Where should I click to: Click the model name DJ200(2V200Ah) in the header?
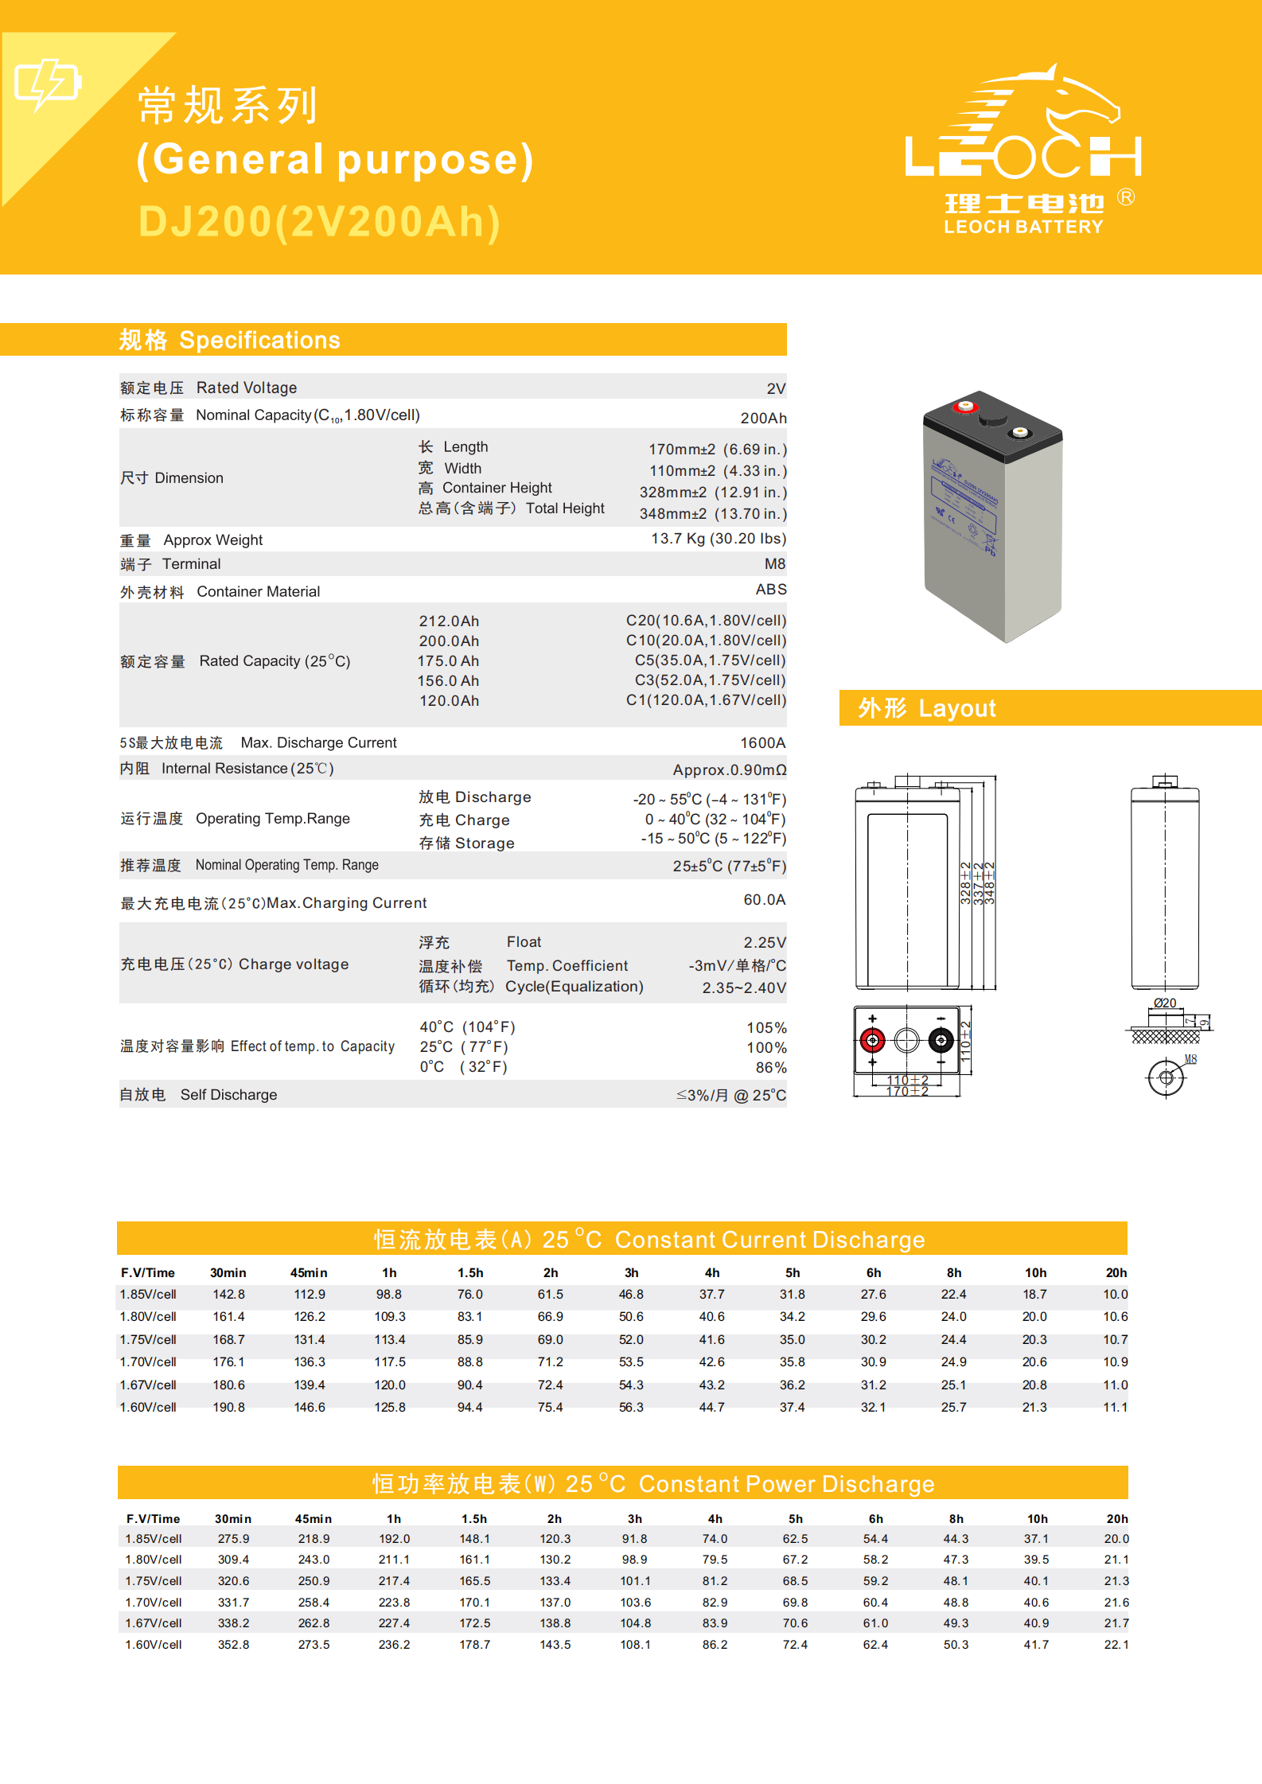pos(319,222)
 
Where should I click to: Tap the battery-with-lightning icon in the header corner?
pos(48,83)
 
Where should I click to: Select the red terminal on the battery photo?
pos(965,407)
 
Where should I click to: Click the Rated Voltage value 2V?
pos(776,389)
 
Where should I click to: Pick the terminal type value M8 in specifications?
pos(774,564)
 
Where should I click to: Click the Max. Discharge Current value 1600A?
pos(762,743)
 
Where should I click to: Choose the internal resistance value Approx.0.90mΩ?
pos(729,770)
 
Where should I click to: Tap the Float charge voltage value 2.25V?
pos(764,943)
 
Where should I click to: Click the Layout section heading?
pos(927,708)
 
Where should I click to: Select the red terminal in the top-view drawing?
pos(873,1040)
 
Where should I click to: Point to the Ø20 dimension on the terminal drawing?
pos(1165,1003)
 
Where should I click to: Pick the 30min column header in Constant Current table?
pos(228,1273)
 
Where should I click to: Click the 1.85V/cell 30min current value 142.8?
pos(229,1295)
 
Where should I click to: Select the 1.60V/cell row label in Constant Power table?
pos(154,1645)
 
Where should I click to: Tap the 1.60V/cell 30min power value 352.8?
pos(234,1645)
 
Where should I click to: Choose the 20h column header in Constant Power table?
pos(1117,1519)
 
